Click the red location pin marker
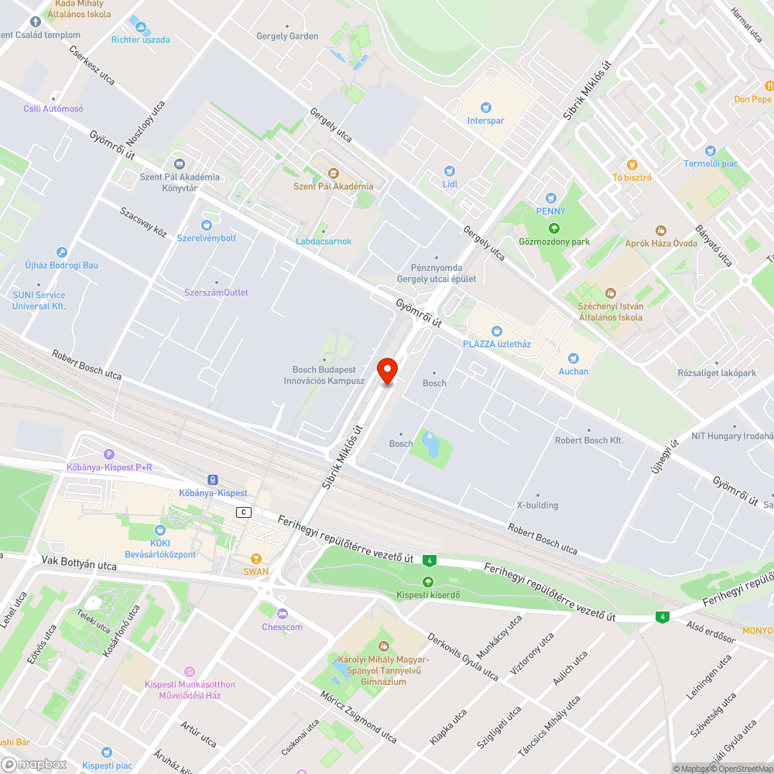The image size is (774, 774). tap(387, 370)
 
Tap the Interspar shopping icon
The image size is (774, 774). tap(485, 108)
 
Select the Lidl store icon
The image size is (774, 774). tap(450, 171)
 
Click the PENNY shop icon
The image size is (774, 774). tap(551, 198)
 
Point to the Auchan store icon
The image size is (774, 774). tap(574, 358)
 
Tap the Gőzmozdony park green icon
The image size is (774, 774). tap(553, 228)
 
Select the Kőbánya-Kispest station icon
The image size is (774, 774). tap(213, 480)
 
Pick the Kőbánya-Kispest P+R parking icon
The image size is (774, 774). tap(109, 454)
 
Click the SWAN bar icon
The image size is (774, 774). tap(256, 559)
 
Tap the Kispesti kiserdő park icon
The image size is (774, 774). tap(428, 581)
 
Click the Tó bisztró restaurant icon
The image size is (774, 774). tap(632, 164)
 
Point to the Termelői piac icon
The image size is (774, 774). tap(711, 150)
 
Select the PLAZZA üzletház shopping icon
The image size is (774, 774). tap(496, 330)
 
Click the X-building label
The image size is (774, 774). tap(537, 505)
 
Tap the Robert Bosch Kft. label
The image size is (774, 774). tap(589, 440)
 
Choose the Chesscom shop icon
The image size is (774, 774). tap(282, 614)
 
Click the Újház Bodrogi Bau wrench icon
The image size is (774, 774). tap(62, 252)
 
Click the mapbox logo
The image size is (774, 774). tap(35, 764)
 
